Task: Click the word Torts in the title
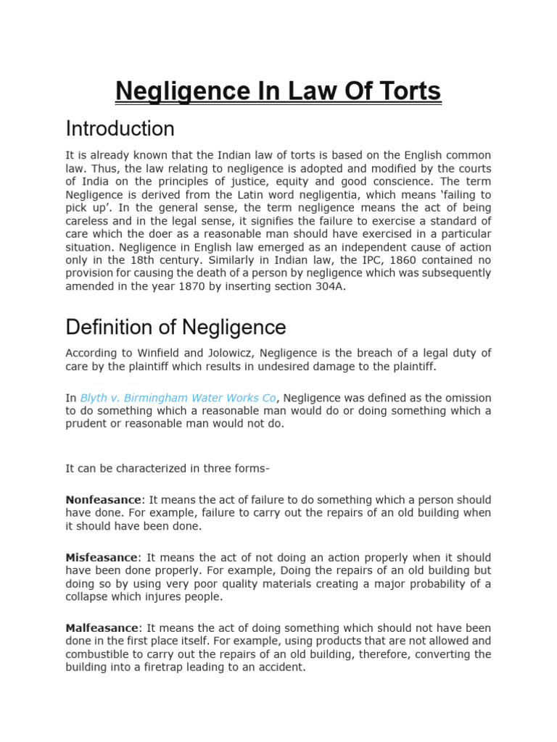coord(405,92)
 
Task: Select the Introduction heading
coord(120,129)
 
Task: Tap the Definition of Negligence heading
coord(176,328)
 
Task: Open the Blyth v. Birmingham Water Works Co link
coord(178,398)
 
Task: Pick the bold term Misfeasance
coord(101,558)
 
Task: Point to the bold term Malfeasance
coord(101,628)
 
